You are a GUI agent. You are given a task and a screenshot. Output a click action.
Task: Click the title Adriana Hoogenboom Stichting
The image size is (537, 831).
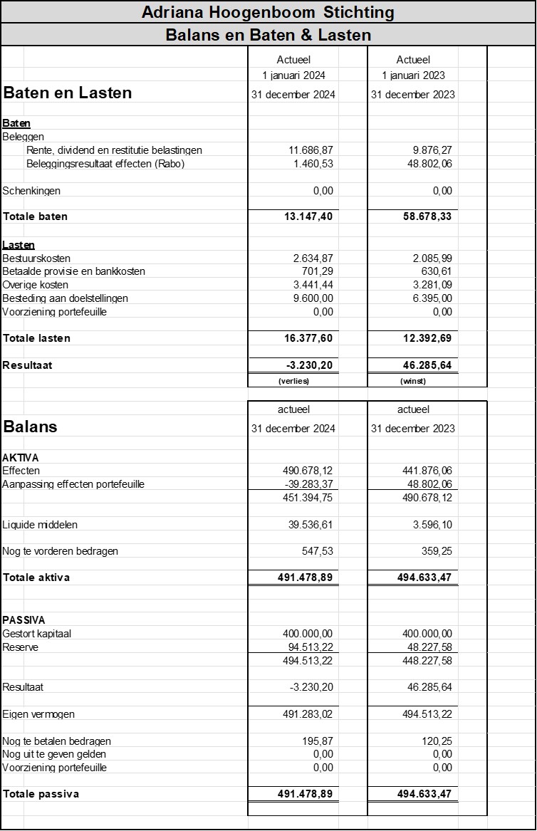click(268, 12)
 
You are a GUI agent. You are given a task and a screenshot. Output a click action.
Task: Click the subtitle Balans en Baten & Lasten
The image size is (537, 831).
click(268, 35)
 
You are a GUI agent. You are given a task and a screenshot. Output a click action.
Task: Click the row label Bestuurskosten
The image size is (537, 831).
click(36, 258)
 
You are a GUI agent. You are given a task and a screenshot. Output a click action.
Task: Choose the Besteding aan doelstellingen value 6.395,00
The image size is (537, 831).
click(432, 298)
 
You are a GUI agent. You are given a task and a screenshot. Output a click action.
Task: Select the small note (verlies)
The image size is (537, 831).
click(293, 381)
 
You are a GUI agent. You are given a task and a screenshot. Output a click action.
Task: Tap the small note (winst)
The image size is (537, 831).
click(413, 381)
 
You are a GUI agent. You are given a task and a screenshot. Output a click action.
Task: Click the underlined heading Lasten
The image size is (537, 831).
click(19, 245)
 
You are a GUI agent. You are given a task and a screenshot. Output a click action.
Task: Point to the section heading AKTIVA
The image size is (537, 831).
click(21, 457)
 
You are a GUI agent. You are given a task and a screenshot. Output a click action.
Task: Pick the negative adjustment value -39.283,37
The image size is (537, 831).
click(308, 484)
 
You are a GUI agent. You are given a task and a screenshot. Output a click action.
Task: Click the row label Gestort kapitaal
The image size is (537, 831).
click(37, 634)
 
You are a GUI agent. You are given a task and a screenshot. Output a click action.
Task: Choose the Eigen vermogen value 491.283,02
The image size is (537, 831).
click(308, 714)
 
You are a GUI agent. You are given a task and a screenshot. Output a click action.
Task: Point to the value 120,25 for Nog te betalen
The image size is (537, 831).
click(437, 741)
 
